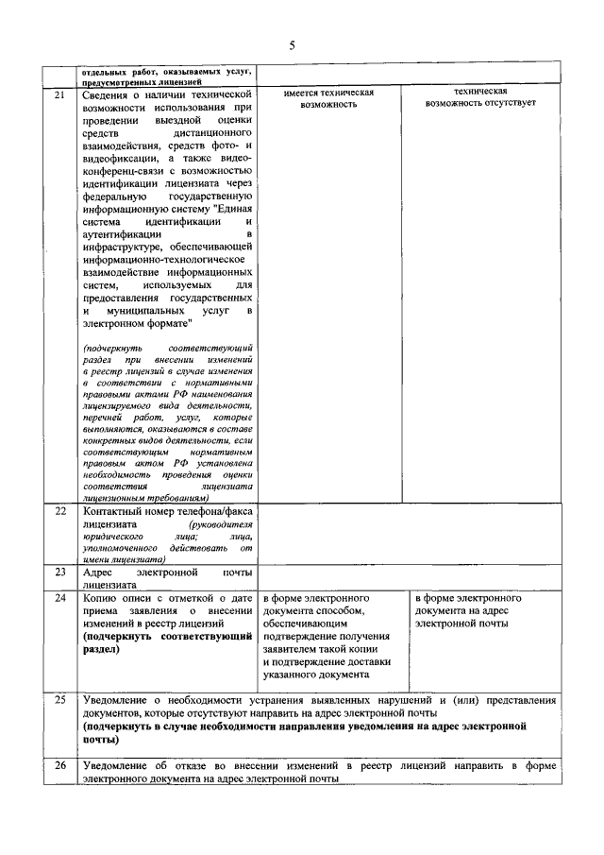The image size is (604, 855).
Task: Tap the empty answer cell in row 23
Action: [x=407, y=577]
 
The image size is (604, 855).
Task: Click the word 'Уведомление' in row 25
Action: [x=121, y=700]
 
